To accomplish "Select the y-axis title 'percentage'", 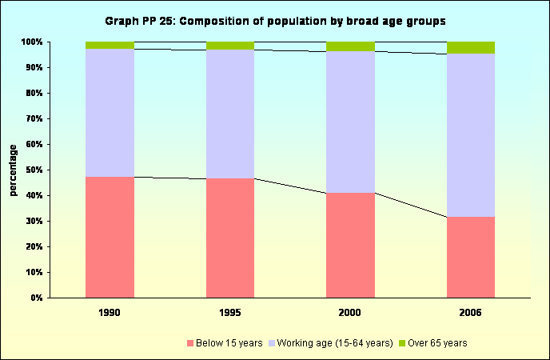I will [14, 170].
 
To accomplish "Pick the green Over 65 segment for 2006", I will [471, 47].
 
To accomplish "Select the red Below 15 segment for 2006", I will [471, 257].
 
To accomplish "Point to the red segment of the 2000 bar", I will [350, 245].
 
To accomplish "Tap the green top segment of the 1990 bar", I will [110, 45].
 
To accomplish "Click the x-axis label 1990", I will [110, 314].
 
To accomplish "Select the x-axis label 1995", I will [230, 314].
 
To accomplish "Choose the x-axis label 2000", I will [350, 314].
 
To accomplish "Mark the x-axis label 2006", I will [471, 314].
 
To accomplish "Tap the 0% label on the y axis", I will [36, 298].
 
